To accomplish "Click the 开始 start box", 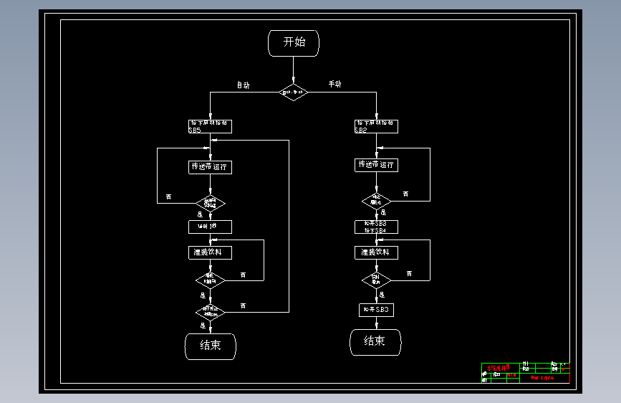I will coord(293,42).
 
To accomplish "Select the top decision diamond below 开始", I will coord(293,92).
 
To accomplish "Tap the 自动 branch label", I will coord(244,85).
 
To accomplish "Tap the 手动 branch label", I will coord(334,84).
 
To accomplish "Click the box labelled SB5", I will coord(210,126).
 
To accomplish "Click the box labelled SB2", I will coord(376,126).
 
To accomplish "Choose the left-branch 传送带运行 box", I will coord(210,167).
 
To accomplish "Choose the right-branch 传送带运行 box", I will coord(376,165).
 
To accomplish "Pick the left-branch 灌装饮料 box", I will coord(210,252).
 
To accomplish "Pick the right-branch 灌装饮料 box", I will coord(376,252).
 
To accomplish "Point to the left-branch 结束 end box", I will coord(210,346).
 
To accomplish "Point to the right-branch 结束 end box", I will coord(376,341).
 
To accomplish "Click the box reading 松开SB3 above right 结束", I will coord(376,310).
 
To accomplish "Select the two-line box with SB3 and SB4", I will coord(376,227).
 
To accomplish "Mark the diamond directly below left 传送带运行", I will coord(210,201).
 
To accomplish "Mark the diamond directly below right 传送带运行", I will coord(376,200).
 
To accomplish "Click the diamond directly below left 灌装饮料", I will coord(210,278).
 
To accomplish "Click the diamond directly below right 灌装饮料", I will coord(376,278).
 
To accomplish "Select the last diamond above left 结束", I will coord(210,312).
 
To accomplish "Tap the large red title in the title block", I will coord(498,368).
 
